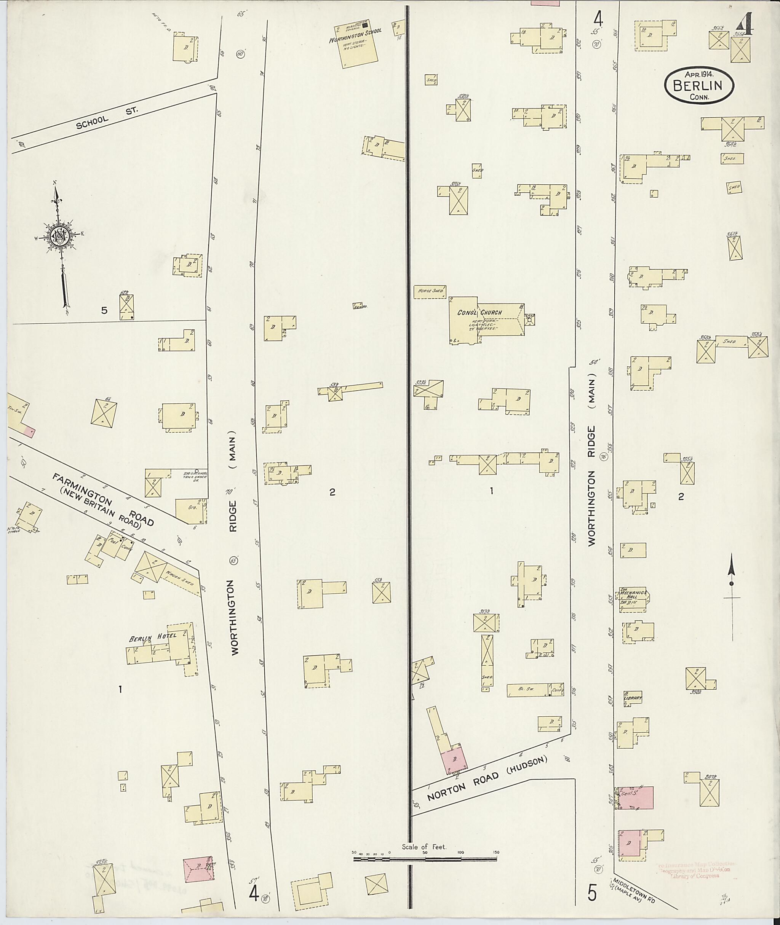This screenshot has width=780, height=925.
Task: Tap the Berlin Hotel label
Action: [x=153, y=637]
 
